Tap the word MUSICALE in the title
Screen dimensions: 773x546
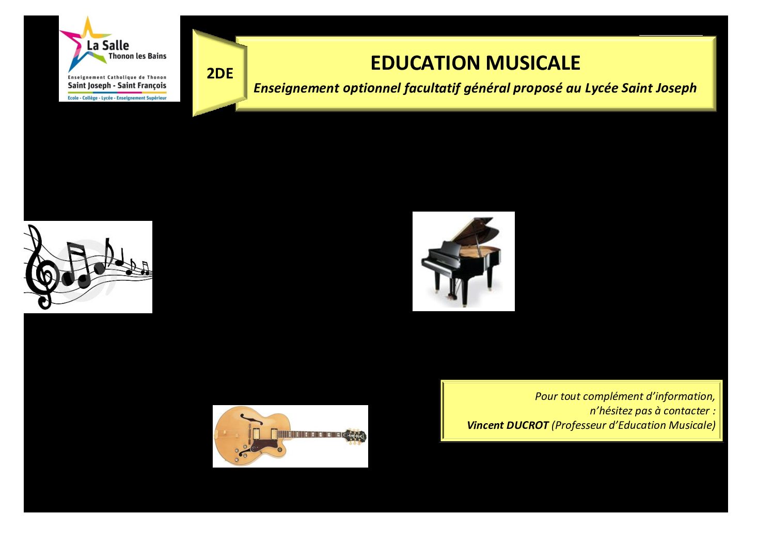[533, 63]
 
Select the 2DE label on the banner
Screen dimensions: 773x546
[220, 73]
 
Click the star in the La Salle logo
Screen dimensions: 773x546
[85, 43]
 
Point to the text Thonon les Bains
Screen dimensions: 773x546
[137, 56]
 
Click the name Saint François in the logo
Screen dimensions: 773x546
[142, 86]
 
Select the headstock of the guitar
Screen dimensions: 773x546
[354, 436]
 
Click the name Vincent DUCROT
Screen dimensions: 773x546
[508, 425]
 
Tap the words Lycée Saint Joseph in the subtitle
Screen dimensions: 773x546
[640, 88]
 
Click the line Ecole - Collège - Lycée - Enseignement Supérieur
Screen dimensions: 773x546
[117, 98]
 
